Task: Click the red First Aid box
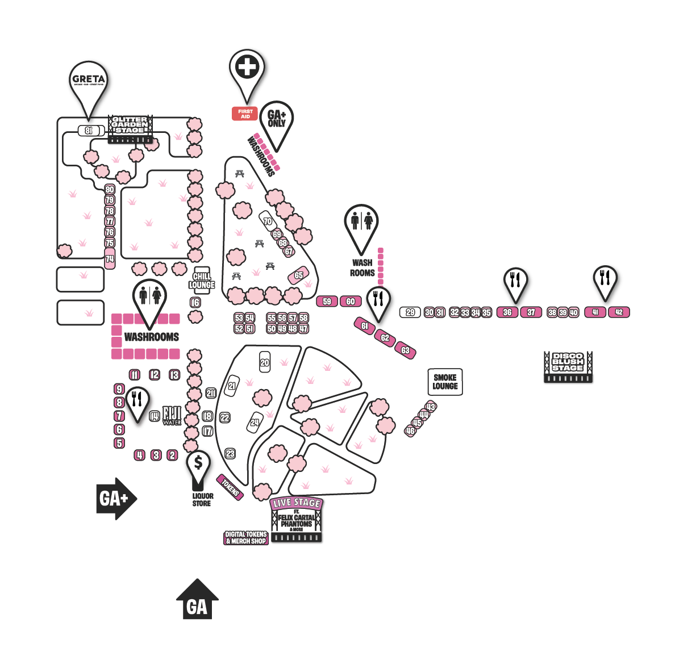click(x=245, y=114)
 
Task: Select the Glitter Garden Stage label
click(x=130, y=126)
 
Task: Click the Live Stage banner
click(x=297, y=503)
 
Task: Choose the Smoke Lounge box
click(x=445, y=382)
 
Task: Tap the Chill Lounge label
click(x=202, y=281)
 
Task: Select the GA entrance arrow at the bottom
click(x=197, y=602)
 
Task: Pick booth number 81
click(x=89, y=131)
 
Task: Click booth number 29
click(x=410, y=312)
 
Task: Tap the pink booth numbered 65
click(x=298, y=276)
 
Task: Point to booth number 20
click(x=265, y=362)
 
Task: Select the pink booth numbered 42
click(x=619, y=312)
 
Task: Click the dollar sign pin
click(x=198, y=463)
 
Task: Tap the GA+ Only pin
click(x=277, y=119)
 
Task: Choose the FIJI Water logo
click(x=172, y=415)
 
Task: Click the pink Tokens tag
click(x=231, y=487)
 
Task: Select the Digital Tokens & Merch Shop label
click(x=246, y=538)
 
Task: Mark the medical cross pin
click(x=247, y=68)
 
